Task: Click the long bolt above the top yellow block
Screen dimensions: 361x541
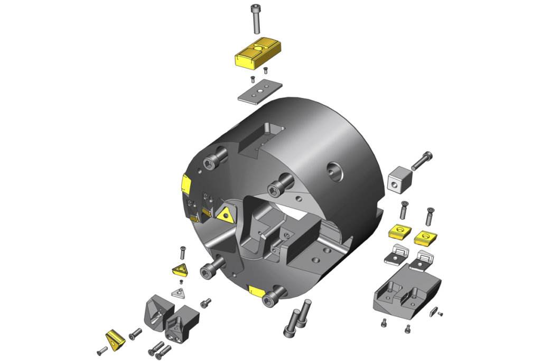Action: click(x=256, y=19)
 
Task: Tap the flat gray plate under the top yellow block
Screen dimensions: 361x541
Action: click(x=259, y=91)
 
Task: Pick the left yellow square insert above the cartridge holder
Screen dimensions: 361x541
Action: click(x=399, y=232)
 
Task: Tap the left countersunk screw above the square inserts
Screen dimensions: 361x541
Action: click(x=403, y=211)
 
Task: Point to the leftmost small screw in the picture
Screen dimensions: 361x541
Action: click(x=102, y=350)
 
